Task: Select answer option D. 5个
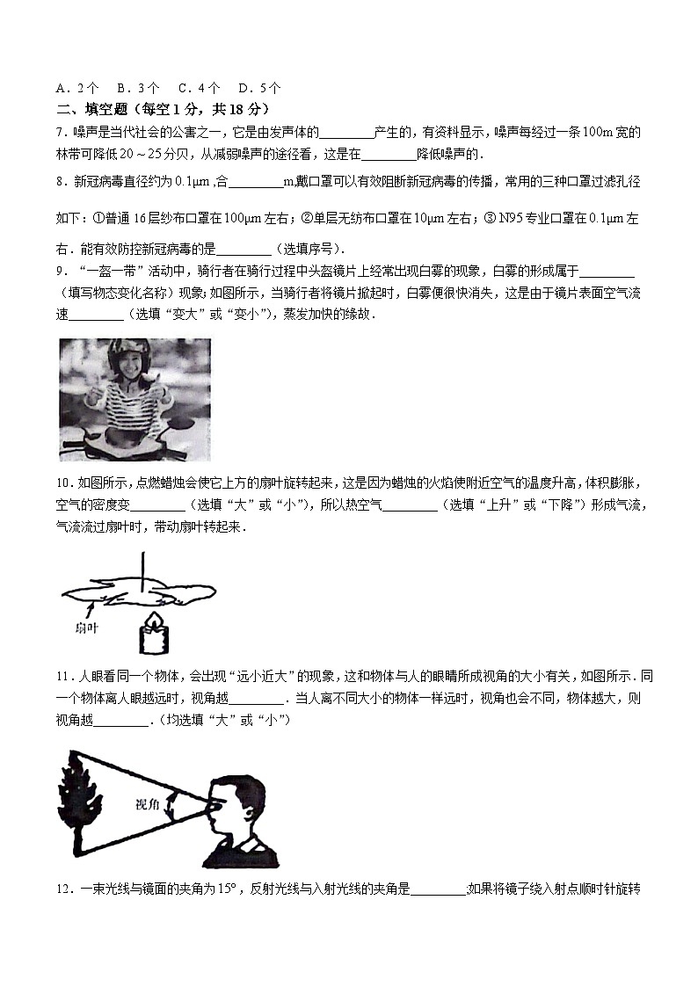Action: pos(259,88)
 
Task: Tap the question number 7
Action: pos(59,133)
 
